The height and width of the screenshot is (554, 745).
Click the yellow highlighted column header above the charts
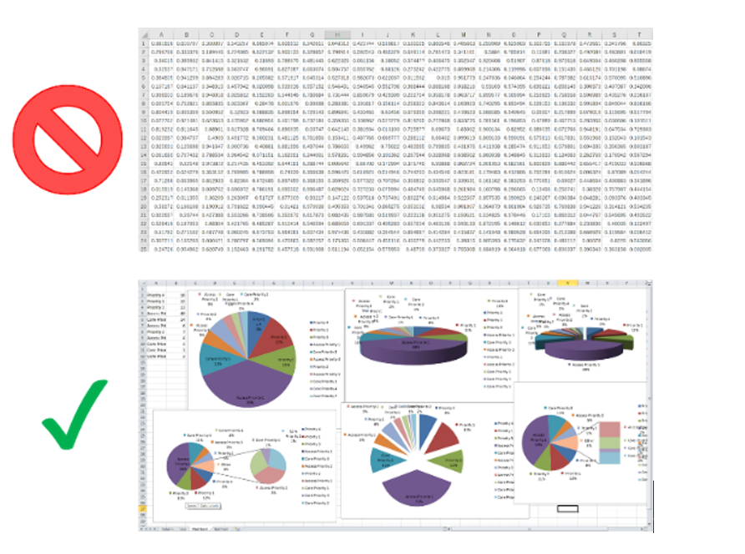point(568,285)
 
